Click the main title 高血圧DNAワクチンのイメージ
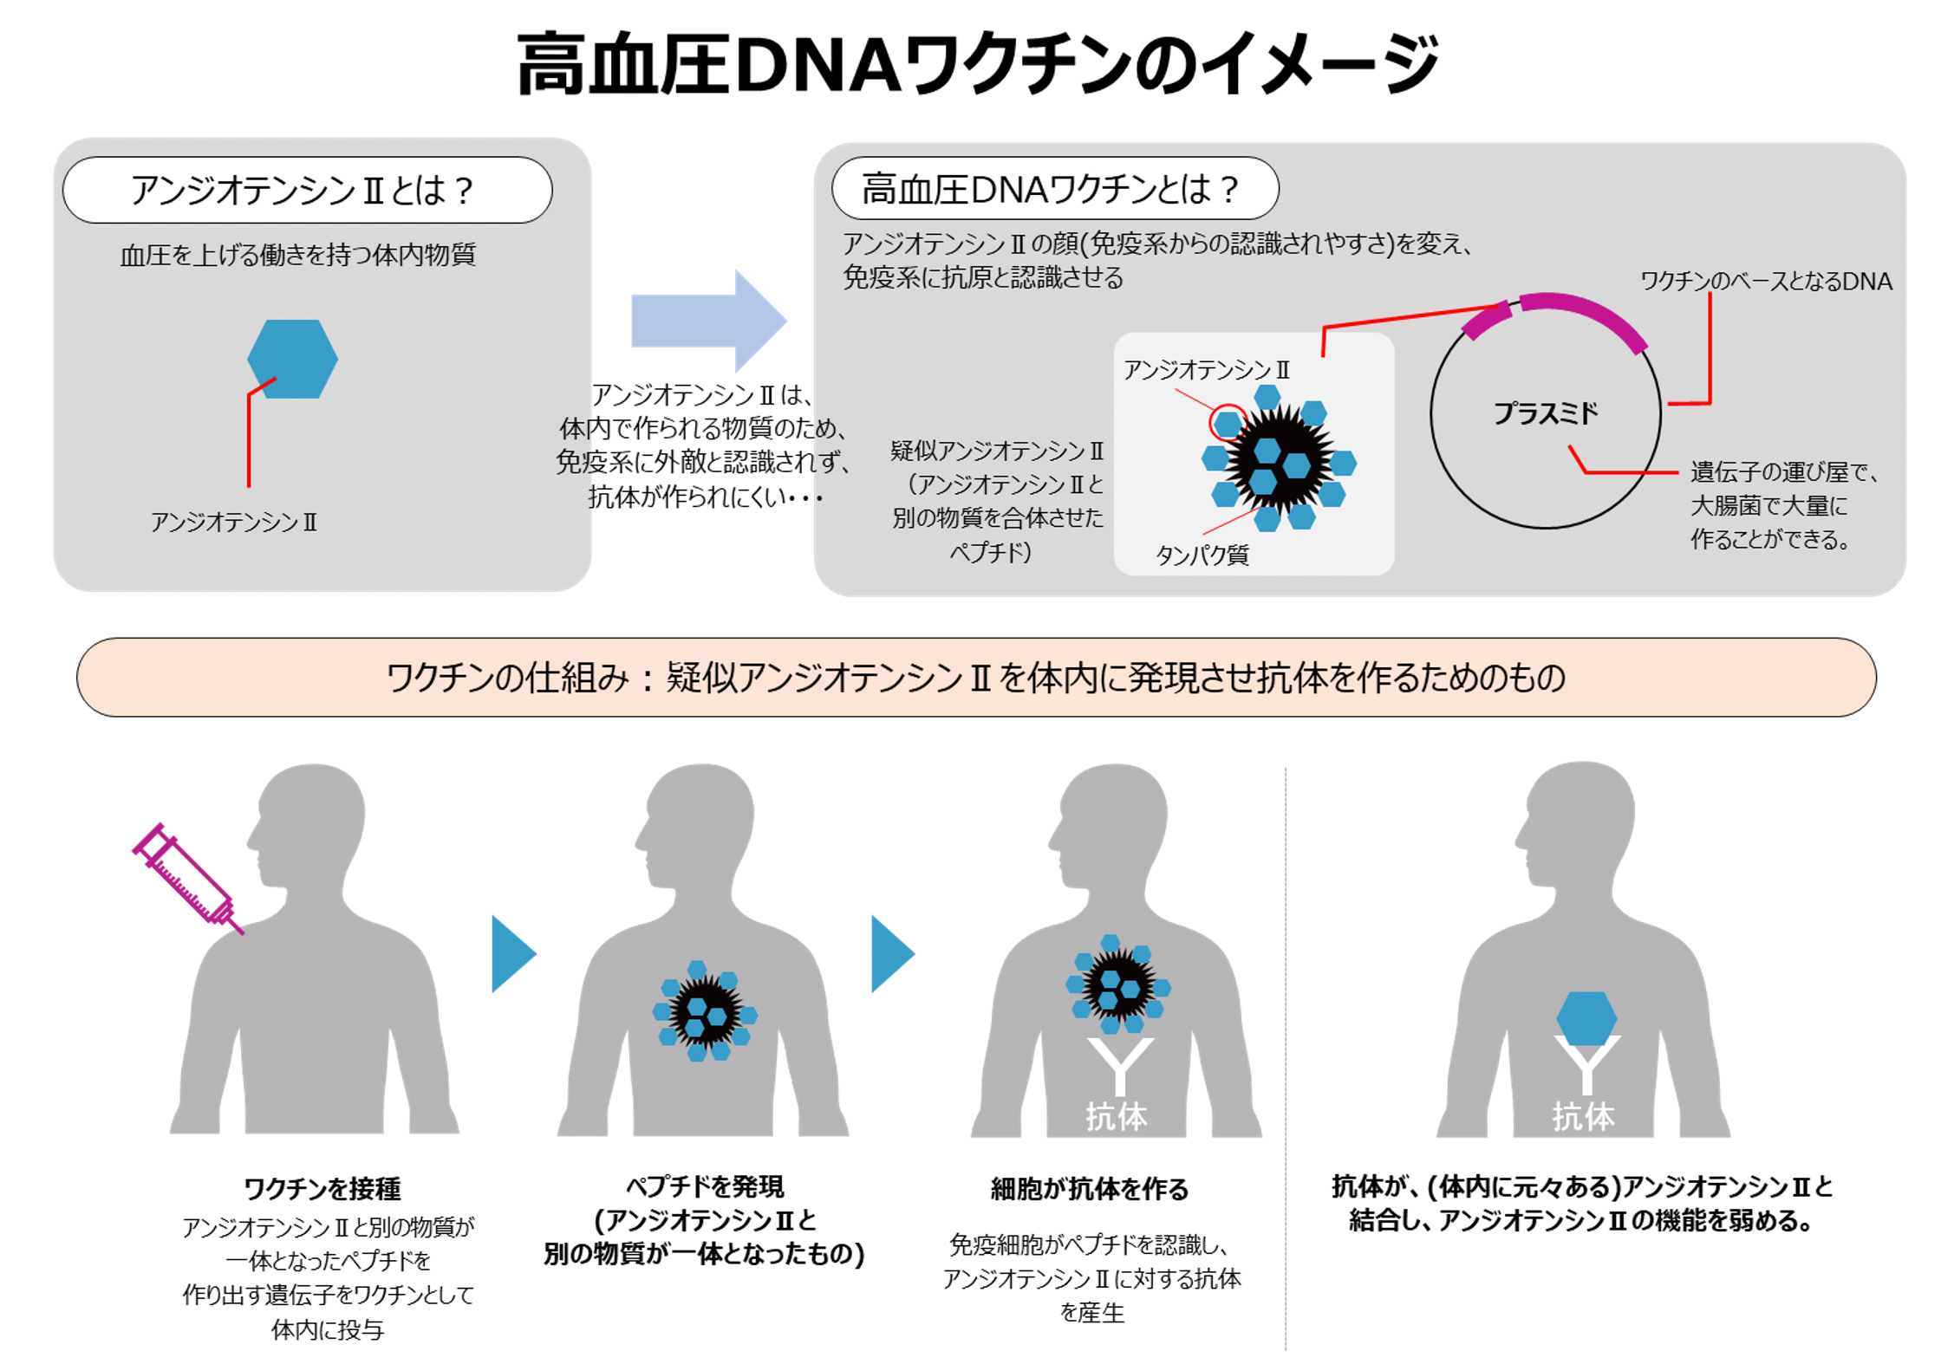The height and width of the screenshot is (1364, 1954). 977,65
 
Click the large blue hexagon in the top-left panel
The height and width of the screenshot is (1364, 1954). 292,358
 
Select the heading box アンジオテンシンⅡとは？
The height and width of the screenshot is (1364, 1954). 307,190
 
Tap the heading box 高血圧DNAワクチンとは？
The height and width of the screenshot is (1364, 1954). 1053,188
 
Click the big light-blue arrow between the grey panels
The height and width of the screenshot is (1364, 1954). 707,320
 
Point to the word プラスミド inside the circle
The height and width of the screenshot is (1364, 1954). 1544,413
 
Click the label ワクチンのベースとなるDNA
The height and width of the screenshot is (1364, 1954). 1764,281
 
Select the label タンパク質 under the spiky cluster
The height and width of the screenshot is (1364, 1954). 1202,555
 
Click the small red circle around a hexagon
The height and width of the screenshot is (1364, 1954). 1228,423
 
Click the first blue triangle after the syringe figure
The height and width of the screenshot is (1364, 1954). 511,953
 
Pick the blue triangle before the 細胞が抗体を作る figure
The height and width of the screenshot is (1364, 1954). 890,953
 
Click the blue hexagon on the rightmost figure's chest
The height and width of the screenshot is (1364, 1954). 1586,1017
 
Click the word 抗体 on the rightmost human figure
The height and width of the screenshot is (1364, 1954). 1583,1116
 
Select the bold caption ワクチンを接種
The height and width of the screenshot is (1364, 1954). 322,1188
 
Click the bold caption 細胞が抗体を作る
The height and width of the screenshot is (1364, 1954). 1089,1188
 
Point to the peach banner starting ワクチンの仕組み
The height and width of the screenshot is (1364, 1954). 976,677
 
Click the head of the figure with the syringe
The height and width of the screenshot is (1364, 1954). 312,823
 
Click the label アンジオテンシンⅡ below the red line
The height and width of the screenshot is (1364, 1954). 234,522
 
